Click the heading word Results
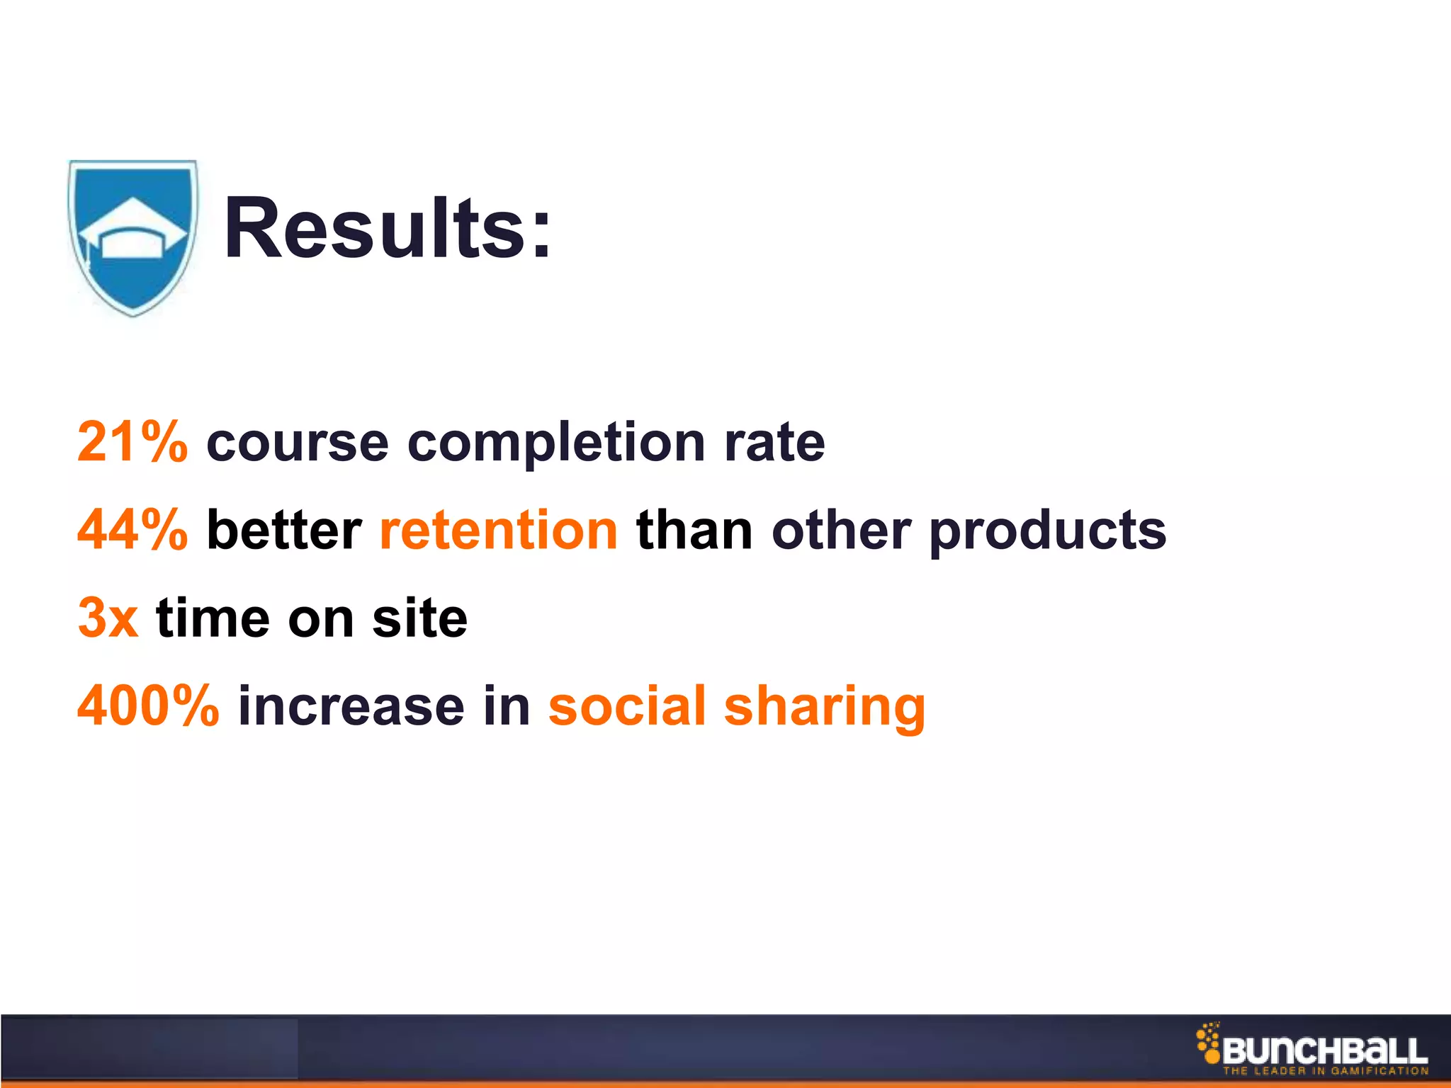click(386, 229)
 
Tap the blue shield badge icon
click(132, 237)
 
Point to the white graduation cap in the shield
click(132, 228)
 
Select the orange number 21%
click(132, 442)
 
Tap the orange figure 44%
click(132, 530)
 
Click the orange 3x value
click(108, 618)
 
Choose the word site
click(419, 618)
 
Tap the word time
click(213, 618)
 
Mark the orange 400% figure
click(148, 705)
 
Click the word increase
click(351, 705)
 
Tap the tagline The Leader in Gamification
click(1325, 1071)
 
